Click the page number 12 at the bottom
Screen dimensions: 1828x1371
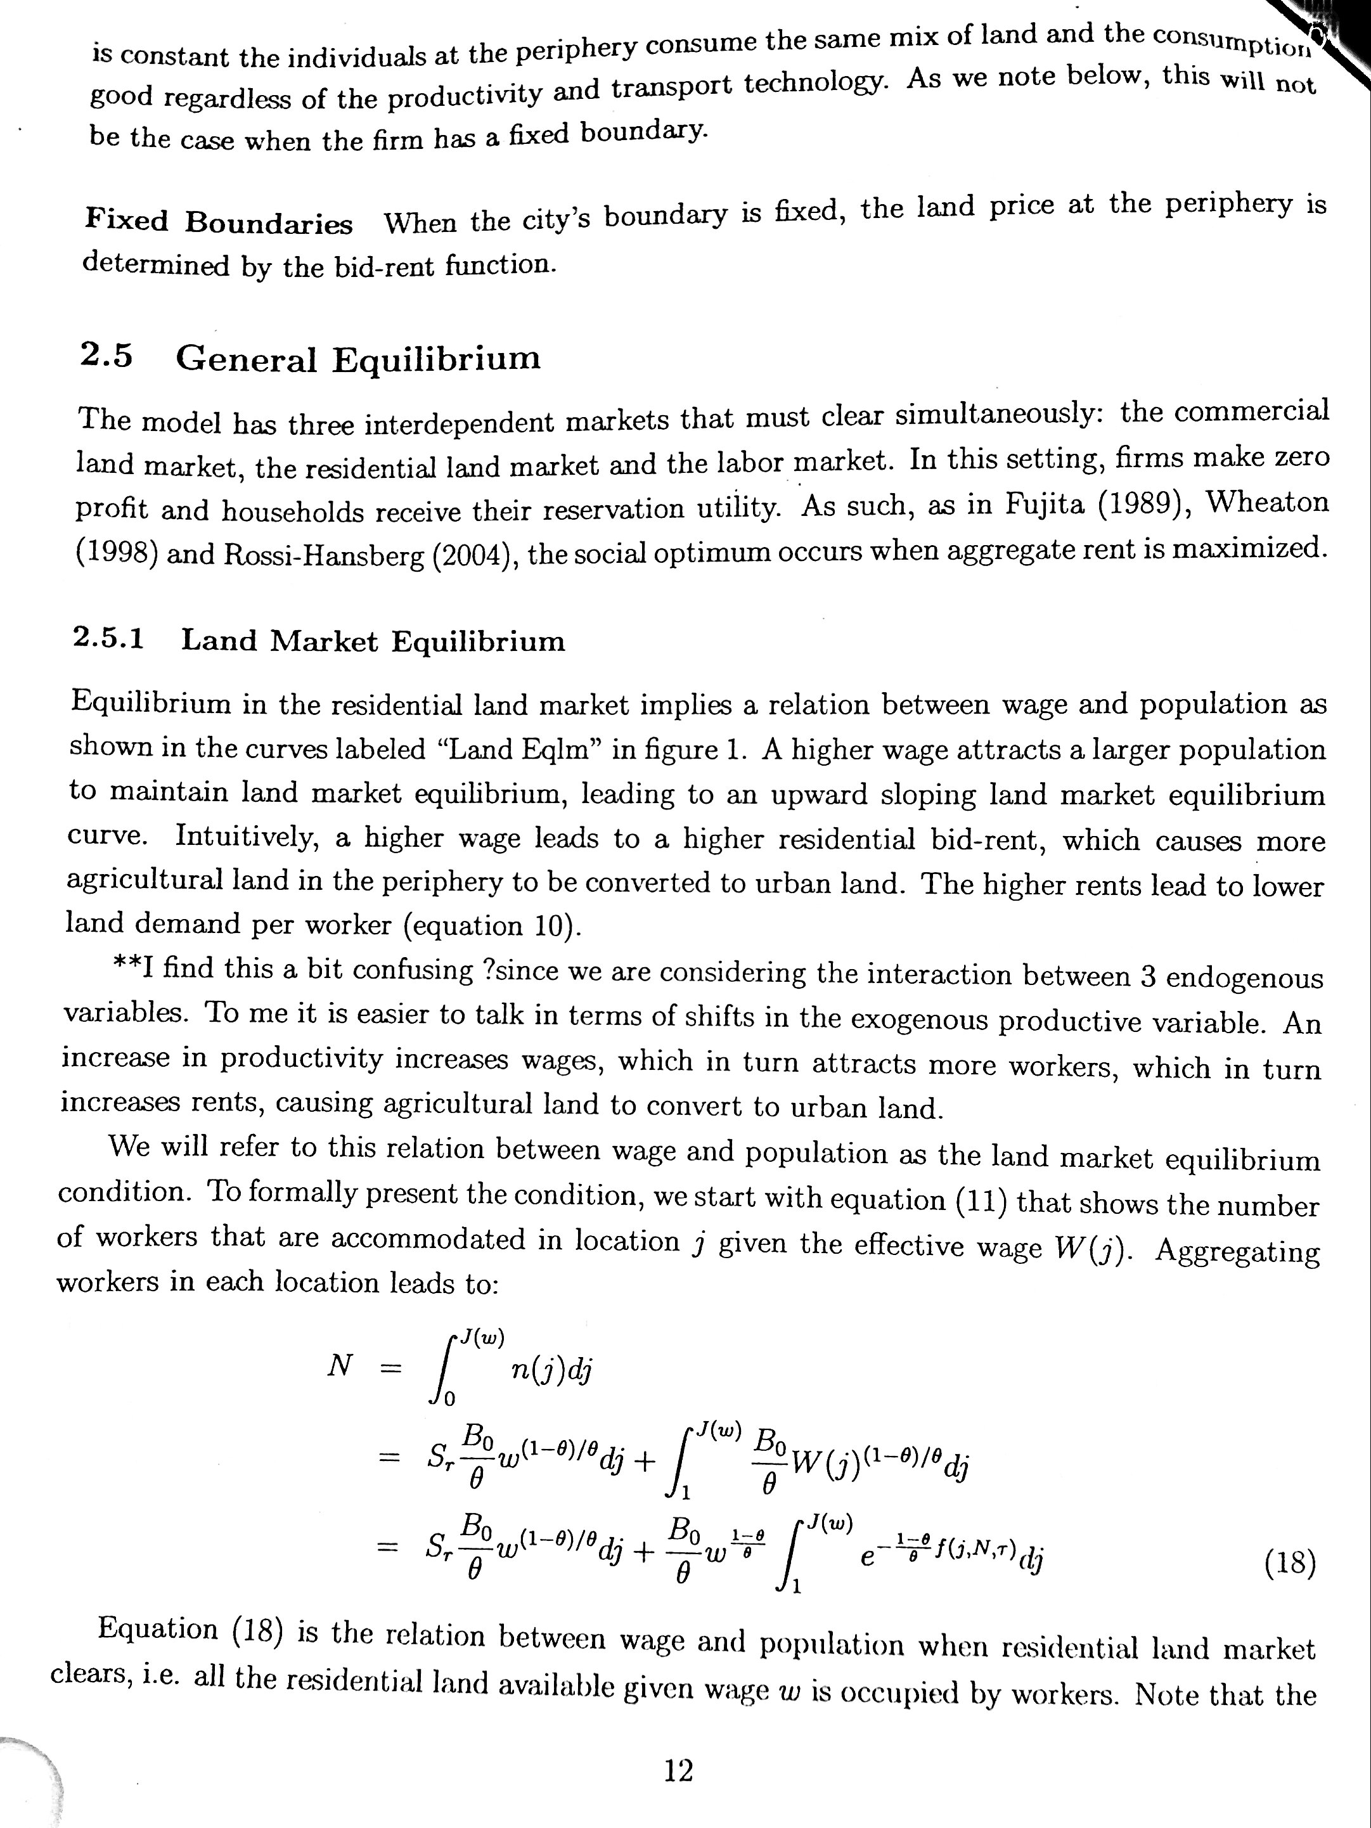tap(678, 1770)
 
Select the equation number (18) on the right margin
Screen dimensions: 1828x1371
tap(1290, 1564)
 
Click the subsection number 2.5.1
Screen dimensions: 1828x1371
tap(108, 639)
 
